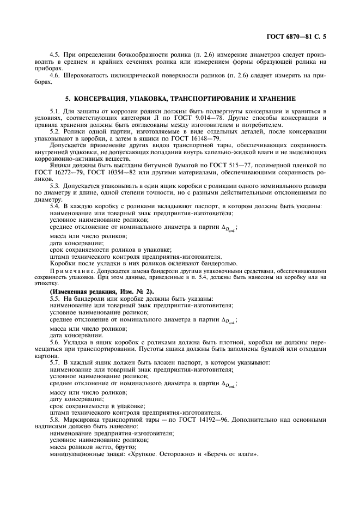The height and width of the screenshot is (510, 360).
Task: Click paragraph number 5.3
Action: coord(54,186)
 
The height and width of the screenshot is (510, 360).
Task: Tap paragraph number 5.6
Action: coord(54,342)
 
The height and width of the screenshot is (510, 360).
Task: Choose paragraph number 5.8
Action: coord(54,420)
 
